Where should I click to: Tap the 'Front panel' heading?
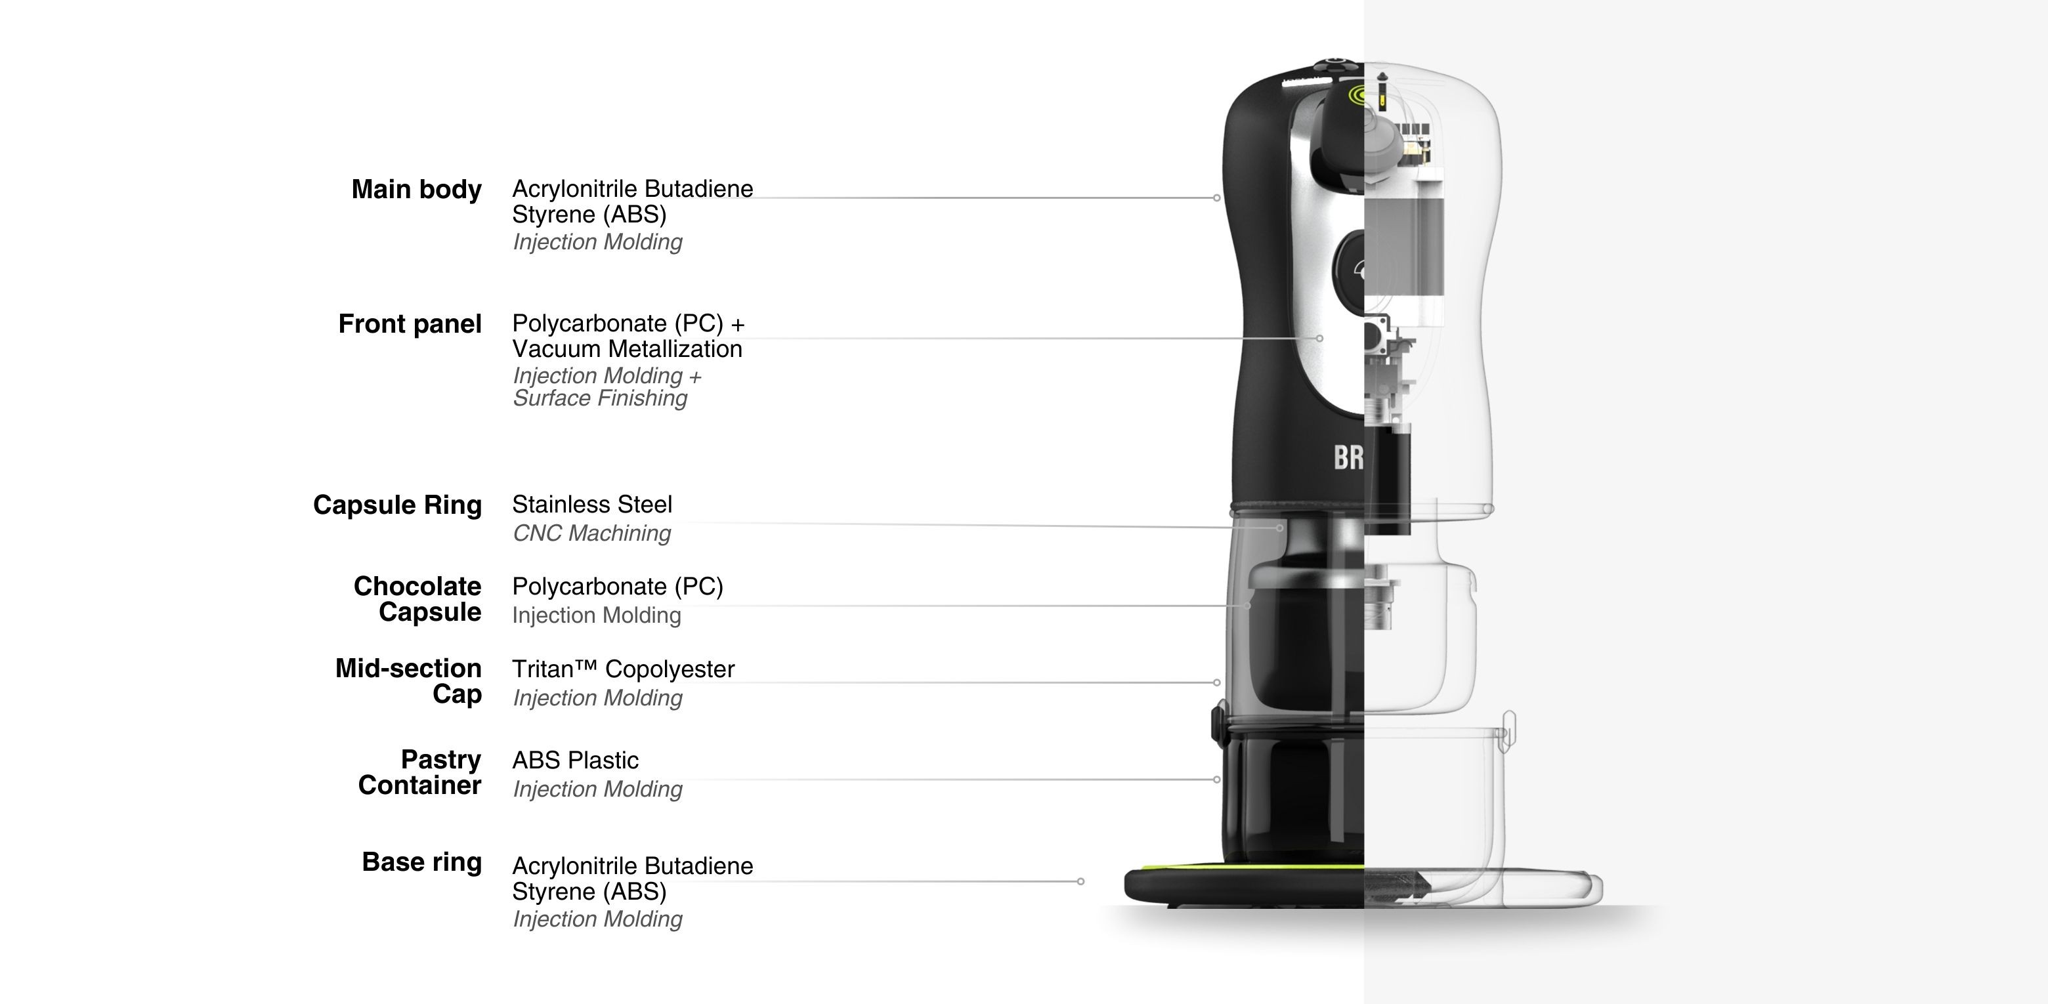(x=410, y=324)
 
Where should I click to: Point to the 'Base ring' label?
(x=421, y=862)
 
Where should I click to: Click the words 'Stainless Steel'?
(x=591, y=504)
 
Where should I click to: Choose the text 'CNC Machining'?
(x=591, y=533)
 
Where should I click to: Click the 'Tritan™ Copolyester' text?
(x=622, y=669)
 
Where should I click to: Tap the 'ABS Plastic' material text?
(x=575, y=760)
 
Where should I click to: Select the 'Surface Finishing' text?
(x=599, y=398)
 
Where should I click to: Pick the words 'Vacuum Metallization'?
(x=626, y=348)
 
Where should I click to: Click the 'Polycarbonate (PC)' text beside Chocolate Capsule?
(x=617, y=586)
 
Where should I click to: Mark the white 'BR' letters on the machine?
(x=1348, y=458)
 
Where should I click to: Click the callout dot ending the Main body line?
(x=1216, y=197)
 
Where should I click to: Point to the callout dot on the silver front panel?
(x=1320, y=339)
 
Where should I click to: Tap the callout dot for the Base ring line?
(x=1080, y=881)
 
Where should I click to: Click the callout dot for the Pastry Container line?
(x=1216, y=779)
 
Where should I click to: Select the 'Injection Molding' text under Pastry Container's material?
(x=597, y=789)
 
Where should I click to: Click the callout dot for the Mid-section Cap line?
(x=1216, y=682)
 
